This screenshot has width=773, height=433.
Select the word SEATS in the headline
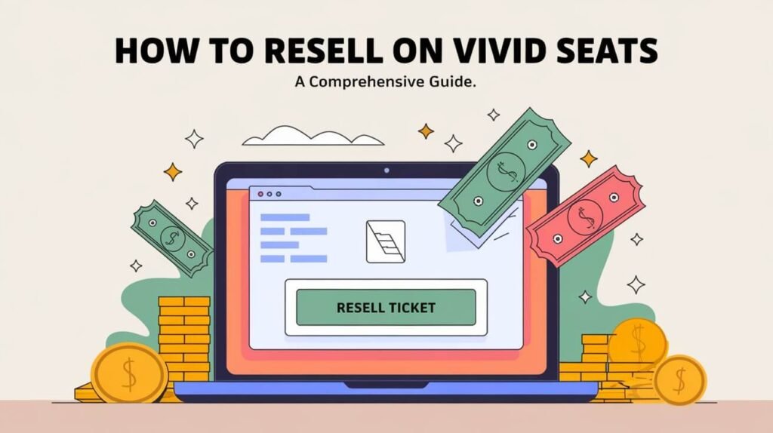pos(608,51)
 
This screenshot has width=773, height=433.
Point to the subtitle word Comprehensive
pos(368,84)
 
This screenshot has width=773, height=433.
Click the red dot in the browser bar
pos(261,193)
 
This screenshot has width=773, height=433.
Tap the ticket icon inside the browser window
pos(385,241)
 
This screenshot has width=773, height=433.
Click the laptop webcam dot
pos(386,170)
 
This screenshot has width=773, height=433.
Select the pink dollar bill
pos(586,216)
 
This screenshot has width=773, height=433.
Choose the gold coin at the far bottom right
pos(679,379)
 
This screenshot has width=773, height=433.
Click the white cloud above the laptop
pos(313,137)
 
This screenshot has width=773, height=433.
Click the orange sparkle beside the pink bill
pos(589,158)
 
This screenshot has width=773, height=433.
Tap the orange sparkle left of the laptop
pos(173,171)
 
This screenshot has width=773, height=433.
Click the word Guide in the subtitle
pos(453,84)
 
